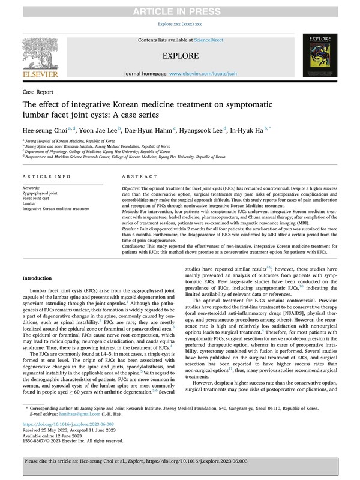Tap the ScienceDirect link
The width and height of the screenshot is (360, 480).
(209, 40)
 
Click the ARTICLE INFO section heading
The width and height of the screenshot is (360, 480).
(47, 178)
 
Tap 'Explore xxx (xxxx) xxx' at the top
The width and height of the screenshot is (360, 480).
(179, 24)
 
